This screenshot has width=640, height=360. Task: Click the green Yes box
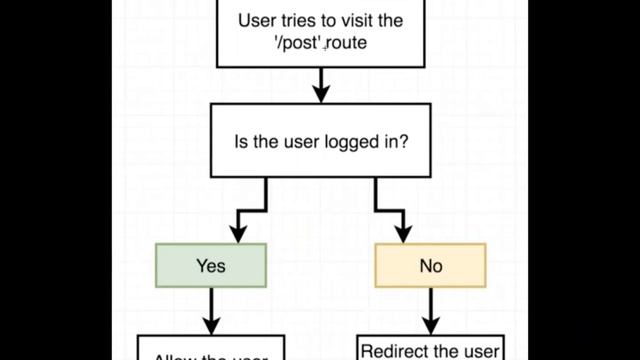click(211, 265)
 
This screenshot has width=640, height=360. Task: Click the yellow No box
click(430, 266)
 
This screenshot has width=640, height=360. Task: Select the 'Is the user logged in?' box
click(320, 141)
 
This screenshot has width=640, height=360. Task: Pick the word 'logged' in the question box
click(350, 142)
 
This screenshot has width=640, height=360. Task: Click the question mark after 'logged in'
click(403, 141)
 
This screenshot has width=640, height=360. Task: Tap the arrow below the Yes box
click(211, 312)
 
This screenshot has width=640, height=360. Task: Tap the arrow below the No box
click(430, 312)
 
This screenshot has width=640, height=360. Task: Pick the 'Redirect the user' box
click(430, 349)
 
